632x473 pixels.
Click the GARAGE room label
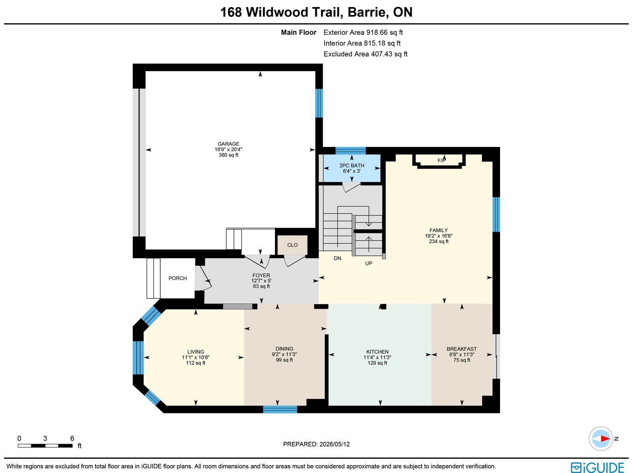pos(228,144)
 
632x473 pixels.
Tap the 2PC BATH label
pos(352,165)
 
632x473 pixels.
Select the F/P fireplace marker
pos(441,161)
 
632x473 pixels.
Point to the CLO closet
pos(292,245)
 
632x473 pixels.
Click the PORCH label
pos(178,278)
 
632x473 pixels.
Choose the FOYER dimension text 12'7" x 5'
pos(261,281)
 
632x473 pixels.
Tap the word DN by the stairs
pos(337,258)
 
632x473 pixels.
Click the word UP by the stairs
pos(369,263)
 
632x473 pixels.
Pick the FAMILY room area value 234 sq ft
pos(438,241)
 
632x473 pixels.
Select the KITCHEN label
pos(377,351)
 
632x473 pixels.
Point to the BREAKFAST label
pos(461,349)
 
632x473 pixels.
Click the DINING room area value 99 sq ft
pos(284,360)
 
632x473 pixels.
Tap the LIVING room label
pos(196,351)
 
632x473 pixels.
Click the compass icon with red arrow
pos(601,439)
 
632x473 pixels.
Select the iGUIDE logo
pos(597,467)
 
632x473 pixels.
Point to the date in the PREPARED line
pos(335,444)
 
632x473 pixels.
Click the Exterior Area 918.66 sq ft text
pos(363,32)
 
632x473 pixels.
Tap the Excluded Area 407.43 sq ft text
pos(365,54)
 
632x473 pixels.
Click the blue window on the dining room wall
pos(280,409)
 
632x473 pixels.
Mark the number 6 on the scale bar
pos(72,438)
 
